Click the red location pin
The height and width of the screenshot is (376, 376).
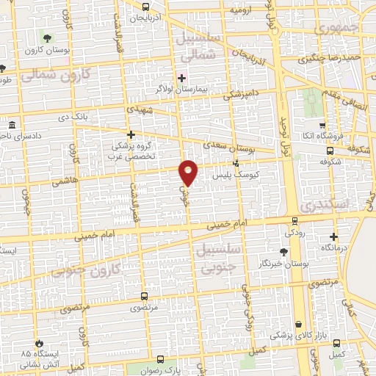coord(189,173)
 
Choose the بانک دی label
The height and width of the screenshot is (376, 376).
coord(94,118)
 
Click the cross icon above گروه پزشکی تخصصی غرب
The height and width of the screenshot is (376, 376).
coord(131,135)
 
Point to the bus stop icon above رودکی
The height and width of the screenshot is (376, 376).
coord(294,220)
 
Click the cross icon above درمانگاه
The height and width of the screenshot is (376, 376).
coord(334,236)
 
